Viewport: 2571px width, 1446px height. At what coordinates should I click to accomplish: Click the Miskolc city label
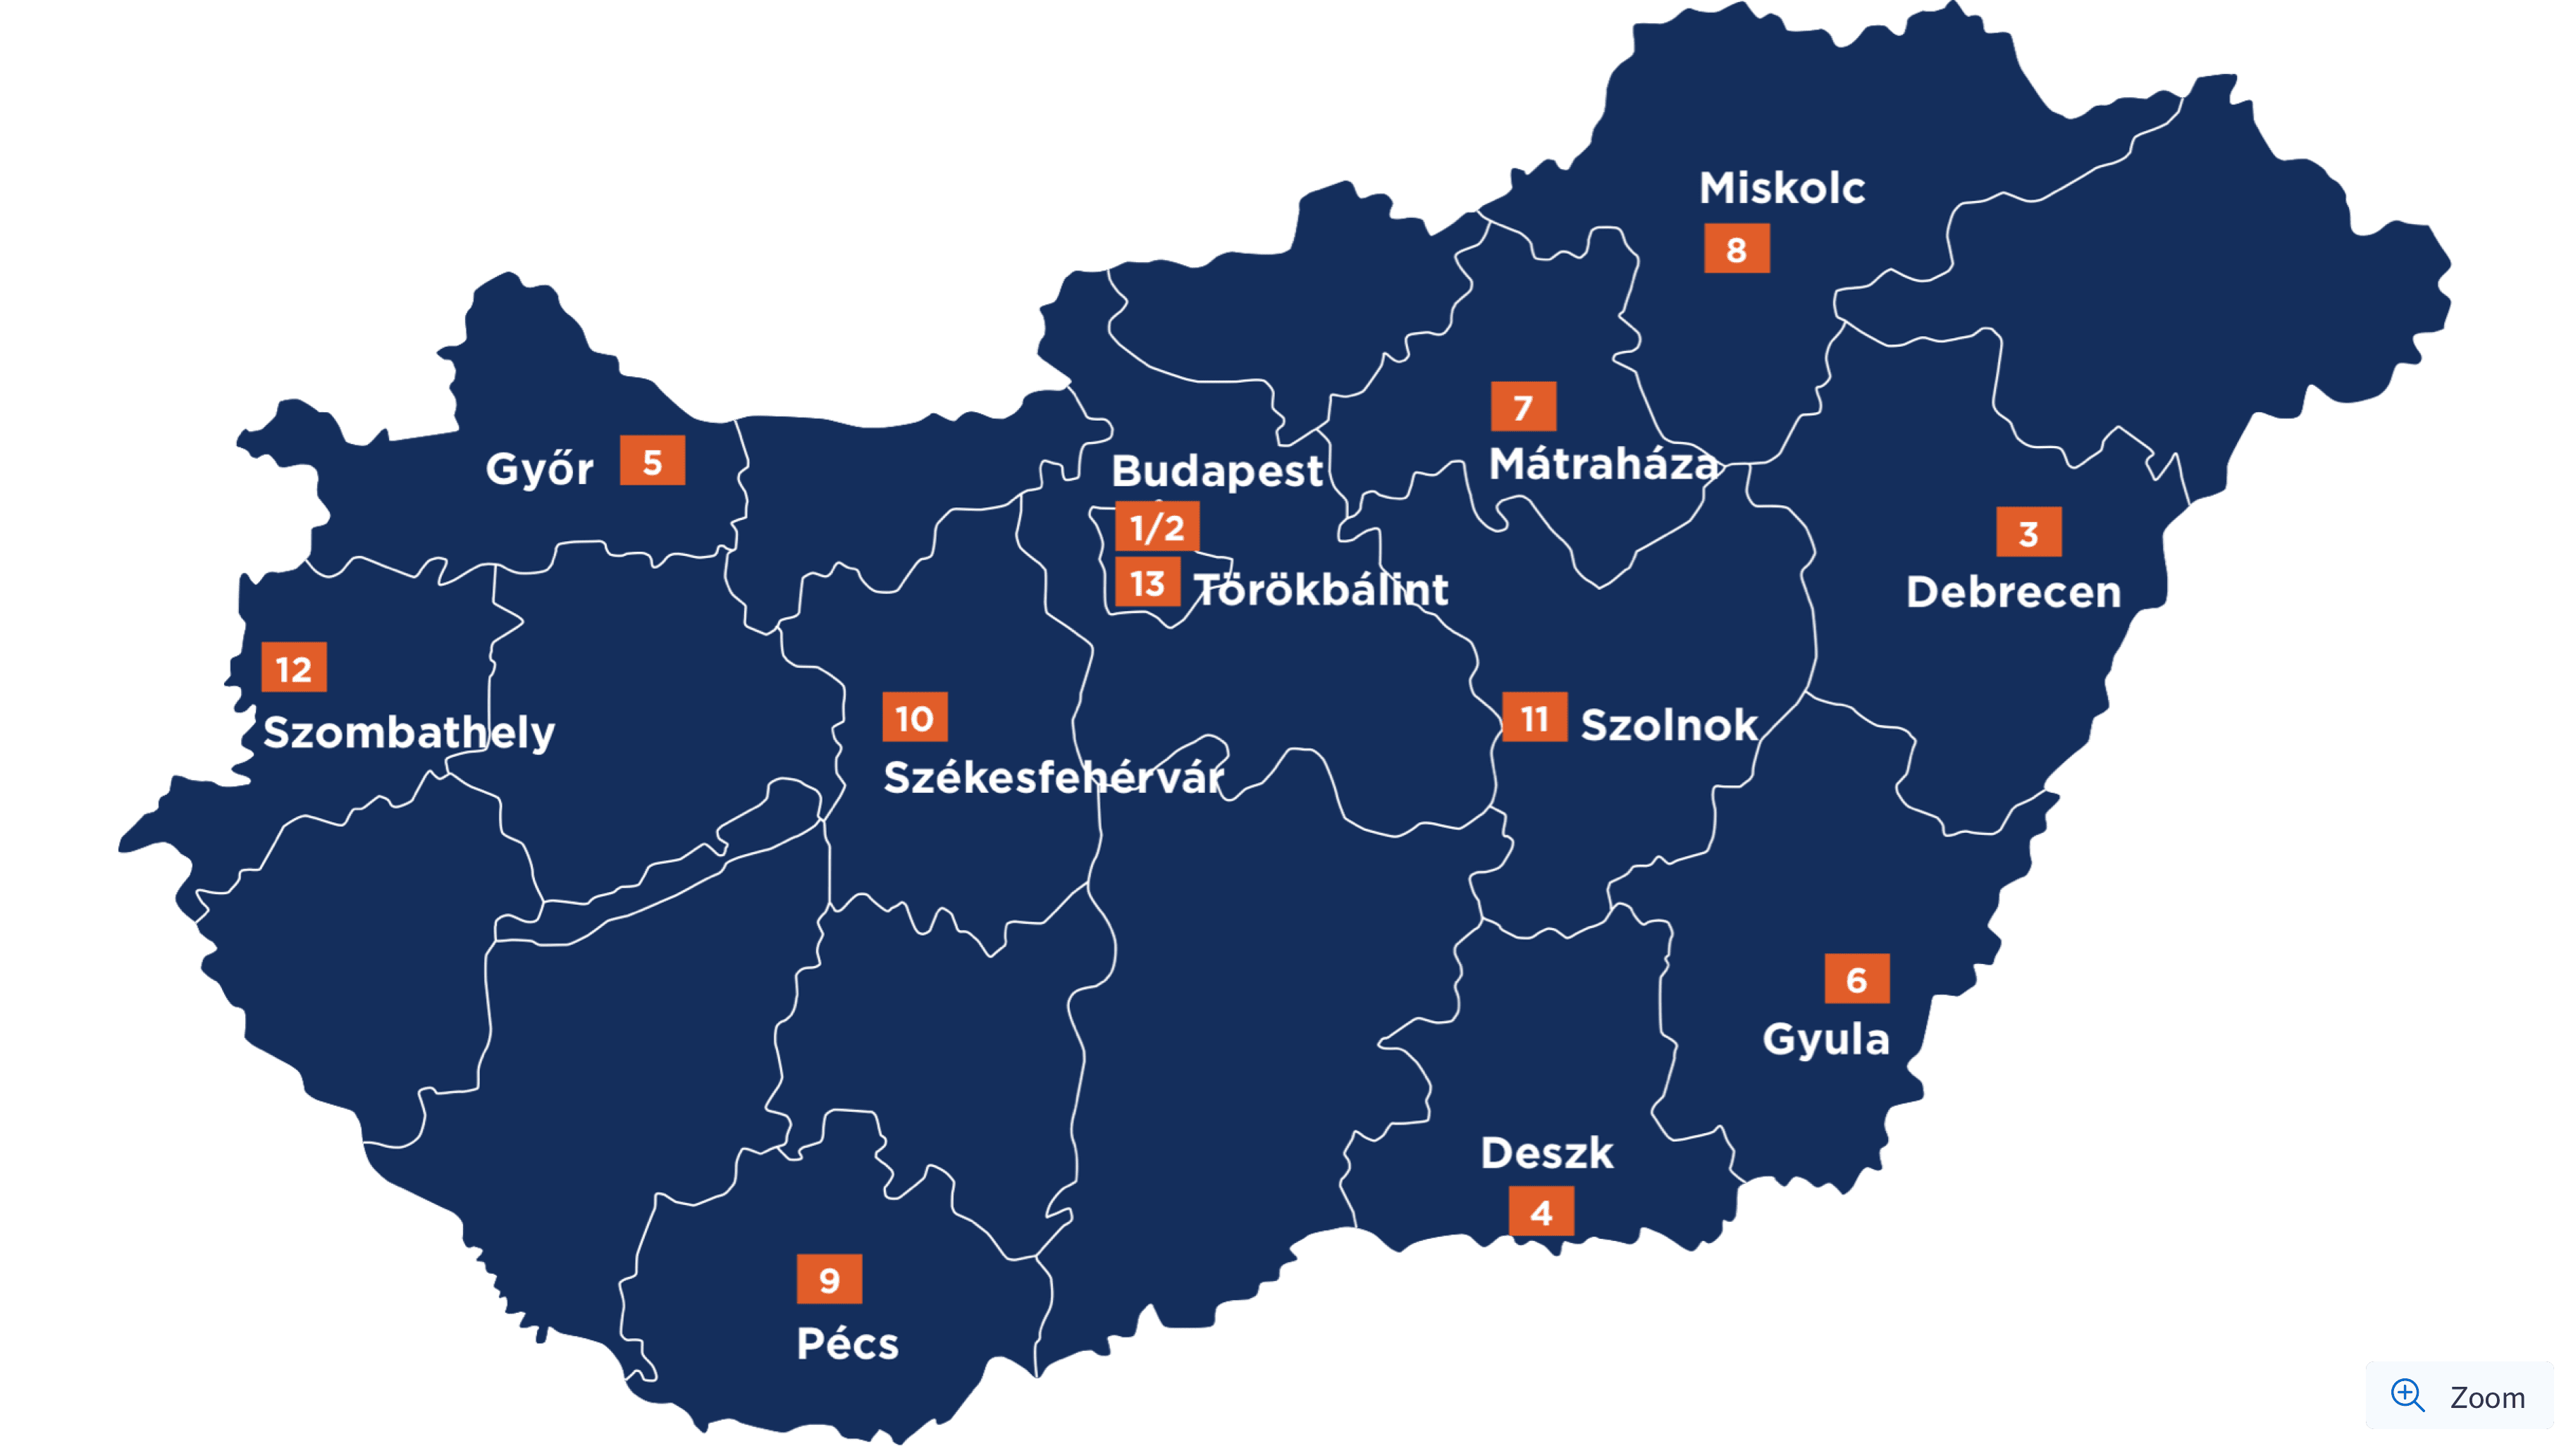pyautogui.click(x=1782, y=187)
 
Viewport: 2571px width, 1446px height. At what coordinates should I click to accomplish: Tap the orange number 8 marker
pyautogui.click(x=1737, y=249)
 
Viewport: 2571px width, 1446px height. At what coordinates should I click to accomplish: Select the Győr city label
pyautogui.click(x=539, y=468)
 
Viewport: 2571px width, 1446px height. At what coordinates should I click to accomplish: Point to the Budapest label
pyautogui.click(x=1216, y=470)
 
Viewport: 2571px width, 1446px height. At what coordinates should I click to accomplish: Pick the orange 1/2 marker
pyautogui.click(x=1157, y=527)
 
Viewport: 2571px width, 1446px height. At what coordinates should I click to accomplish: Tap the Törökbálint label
pyautogui.click(x=1321, y=589)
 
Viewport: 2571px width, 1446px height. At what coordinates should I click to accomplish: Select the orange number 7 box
pyautogui.click(x=1523, y=407)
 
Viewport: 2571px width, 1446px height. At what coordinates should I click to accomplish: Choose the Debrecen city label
pyautogui.click(x=2013, y=592)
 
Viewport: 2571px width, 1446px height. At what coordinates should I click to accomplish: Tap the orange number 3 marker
pyautogui.click(x=2028, y=533)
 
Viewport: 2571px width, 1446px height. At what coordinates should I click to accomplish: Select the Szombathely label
pyautogui.click(x=408, y=732)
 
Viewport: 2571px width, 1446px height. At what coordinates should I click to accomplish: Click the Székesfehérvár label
pyautogui.click(x=1053, y=777)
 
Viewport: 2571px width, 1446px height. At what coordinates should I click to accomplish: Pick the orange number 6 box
pyautogui.click(x=1856, y=979)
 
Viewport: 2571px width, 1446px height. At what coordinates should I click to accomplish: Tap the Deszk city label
pyautogui.click(x=1547, y=1154)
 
